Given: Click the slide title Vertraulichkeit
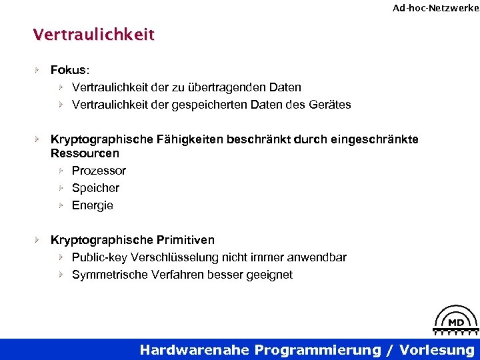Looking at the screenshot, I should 93,34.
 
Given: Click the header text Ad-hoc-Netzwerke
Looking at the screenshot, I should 435,8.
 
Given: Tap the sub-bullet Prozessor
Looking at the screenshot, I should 99,171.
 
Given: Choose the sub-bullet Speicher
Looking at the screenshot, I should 95,188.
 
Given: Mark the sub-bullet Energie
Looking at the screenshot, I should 93,205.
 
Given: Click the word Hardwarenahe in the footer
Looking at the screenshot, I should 195,350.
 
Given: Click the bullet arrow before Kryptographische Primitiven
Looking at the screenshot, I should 38,239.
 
